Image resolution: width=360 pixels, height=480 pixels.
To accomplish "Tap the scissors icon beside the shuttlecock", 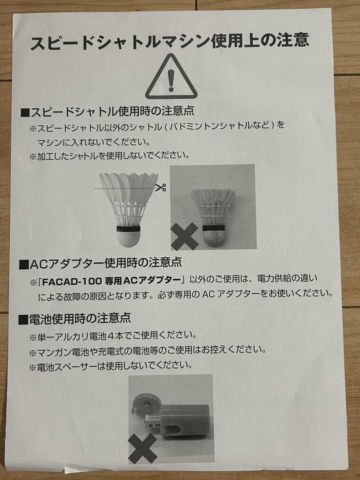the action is pos(161,187).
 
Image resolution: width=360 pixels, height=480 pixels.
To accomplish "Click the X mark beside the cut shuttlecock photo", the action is pos(184,236).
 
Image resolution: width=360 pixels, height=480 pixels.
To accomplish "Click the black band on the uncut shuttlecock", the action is pos(128,229).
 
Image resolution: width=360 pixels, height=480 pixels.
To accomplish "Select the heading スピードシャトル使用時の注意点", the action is pos(107,111).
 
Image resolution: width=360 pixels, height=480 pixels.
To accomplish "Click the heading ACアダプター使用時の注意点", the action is pos(100,263).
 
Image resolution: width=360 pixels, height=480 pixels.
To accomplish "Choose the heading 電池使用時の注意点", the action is pos(75,319).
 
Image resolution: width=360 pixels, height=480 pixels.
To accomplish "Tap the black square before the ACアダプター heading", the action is pos(24,264).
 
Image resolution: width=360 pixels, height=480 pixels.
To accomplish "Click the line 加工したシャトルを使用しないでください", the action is pos(109,156).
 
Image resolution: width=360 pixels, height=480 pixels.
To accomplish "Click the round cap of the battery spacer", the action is pos(144,404).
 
